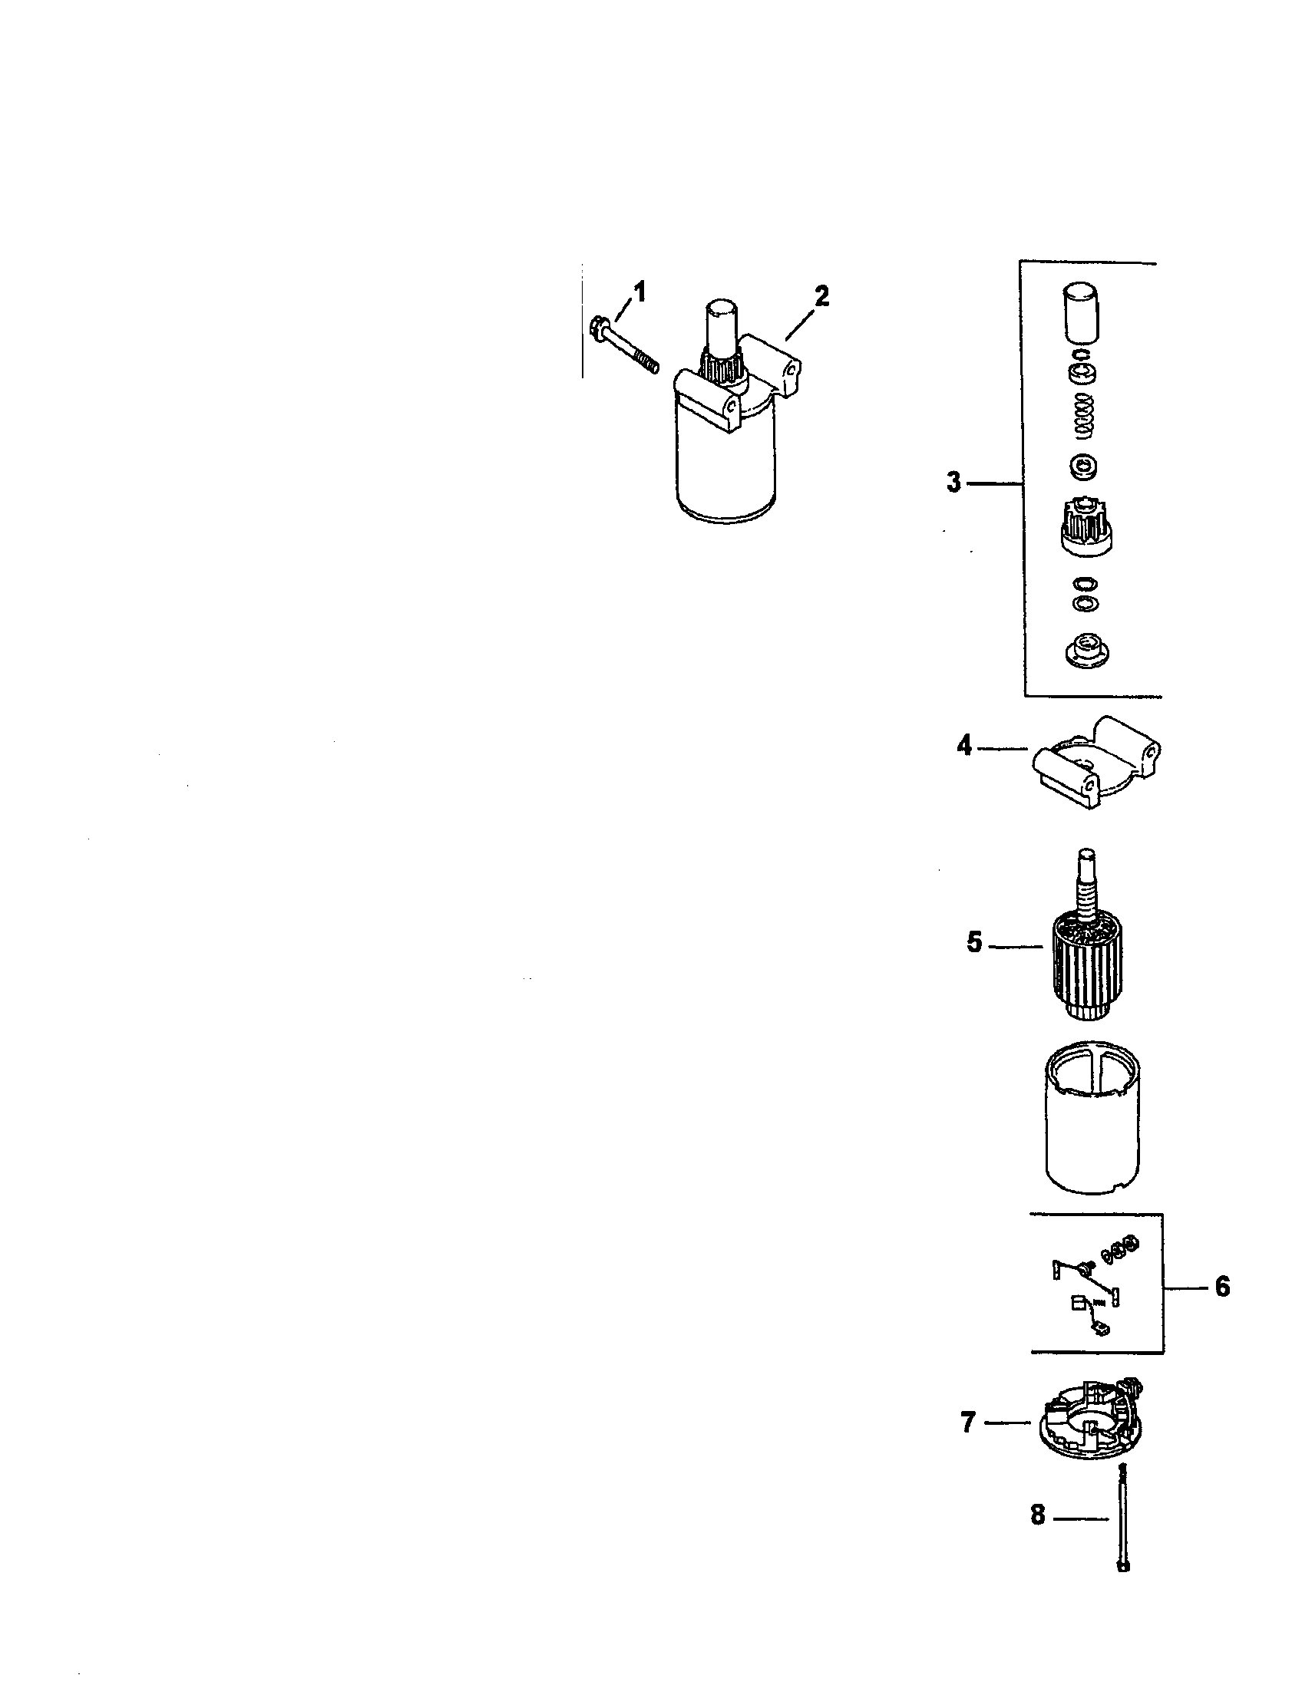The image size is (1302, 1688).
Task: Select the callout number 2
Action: click(x=821, y=296)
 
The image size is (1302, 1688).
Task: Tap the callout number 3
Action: click(x=954, y=483)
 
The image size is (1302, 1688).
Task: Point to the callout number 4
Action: click(x=964, y=747)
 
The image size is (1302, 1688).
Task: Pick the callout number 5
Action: click(x=974, y=944)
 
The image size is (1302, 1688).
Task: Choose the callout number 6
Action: click(x=1222, y=1287)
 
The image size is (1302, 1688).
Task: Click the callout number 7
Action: click(x=968, y=1422)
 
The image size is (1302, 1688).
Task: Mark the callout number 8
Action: click(x=1038, y=1515)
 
